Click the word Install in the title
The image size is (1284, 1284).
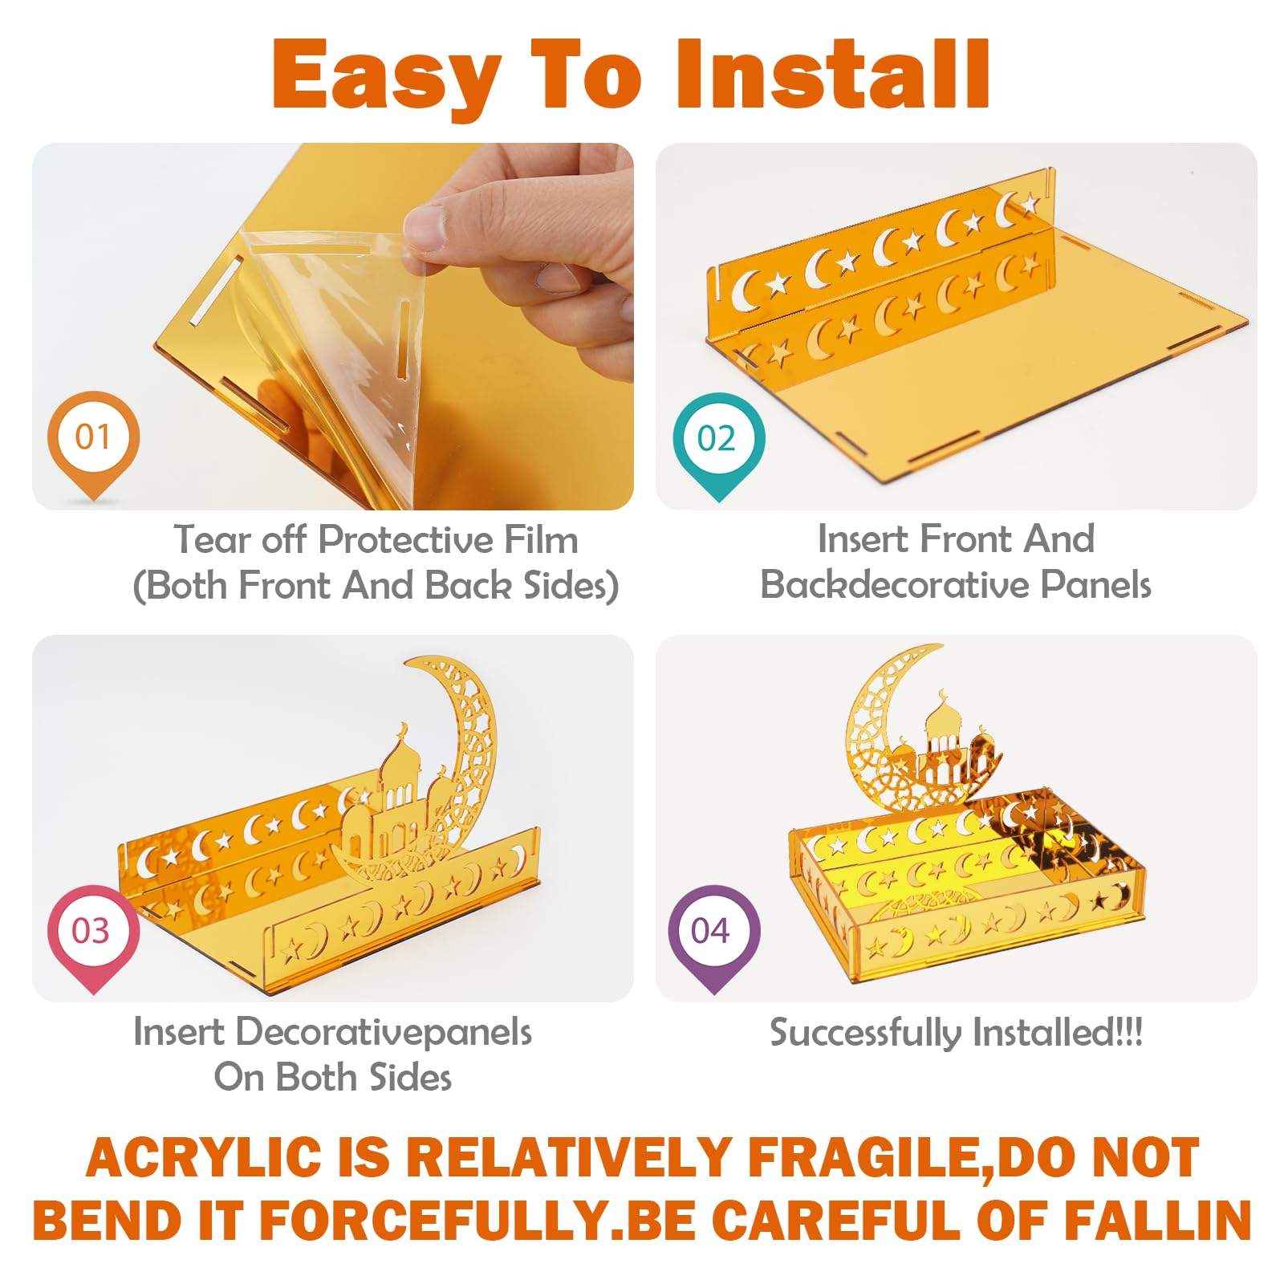(x=834, y=74)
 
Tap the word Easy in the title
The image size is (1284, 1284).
(x=387, y=79)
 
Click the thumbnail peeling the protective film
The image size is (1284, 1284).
(x=333, y=327)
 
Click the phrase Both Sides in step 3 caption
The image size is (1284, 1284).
(x=364, y=1077)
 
